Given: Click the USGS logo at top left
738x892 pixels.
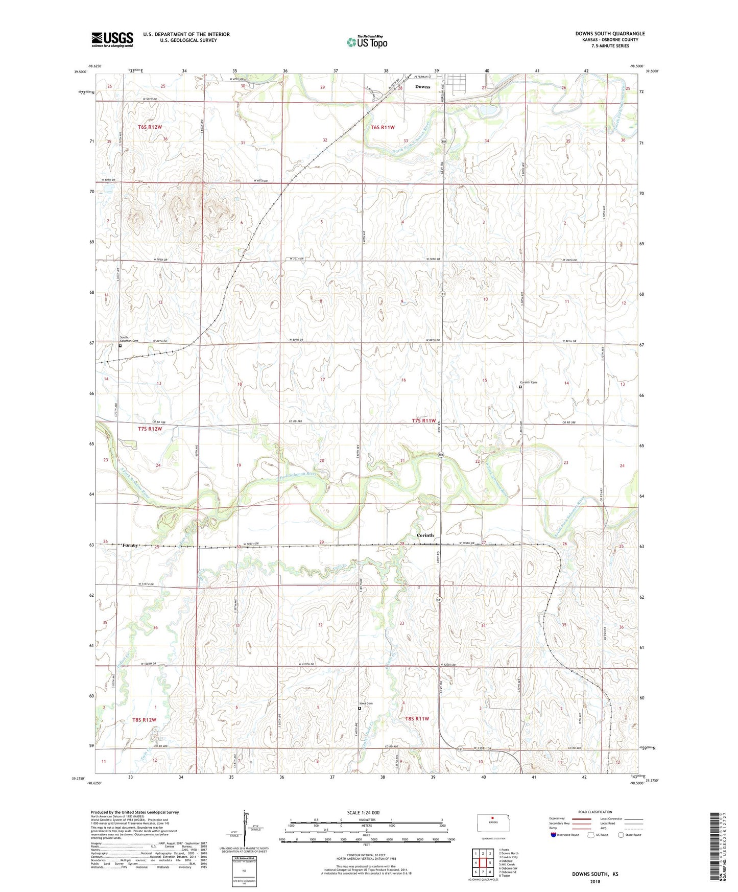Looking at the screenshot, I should pos(112,39).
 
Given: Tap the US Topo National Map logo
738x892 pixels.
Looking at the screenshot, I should pos(366,42).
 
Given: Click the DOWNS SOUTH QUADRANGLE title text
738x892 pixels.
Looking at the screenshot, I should pos(610,34).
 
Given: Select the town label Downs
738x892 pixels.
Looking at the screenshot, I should pos(422,87).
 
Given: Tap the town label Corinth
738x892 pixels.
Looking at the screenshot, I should pos(425,535).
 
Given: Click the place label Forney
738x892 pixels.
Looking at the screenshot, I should pos(130,546).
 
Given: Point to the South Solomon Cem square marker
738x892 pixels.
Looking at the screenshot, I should pos(120,346).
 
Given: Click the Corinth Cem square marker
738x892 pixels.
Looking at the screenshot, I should pos(520,387).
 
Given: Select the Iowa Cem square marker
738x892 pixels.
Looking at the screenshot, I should pos(359,709).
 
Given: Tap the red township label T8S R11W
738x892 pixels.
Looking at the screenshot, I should pos(417,719).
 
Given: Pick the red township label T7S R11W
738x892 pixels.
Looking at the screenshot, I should pos(424,421).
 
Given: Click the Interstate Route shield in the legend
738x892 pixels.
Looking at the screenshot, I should pos(554,835).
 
